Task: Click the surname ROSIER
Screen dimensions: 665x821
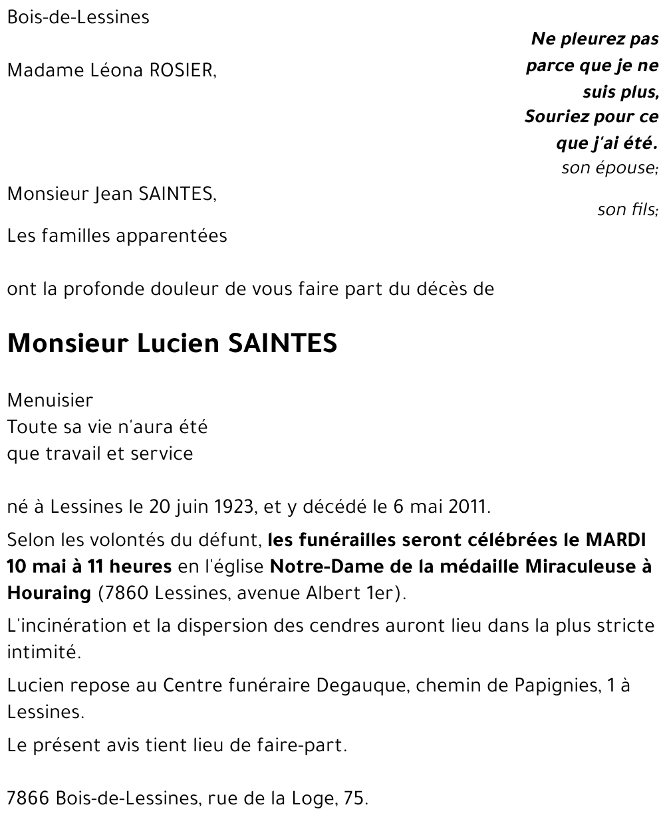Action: [x=183, y=70]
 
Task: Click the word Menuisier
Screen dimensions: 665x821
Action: [x=50, y=401]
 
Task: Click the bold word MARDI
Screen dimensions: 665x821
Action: [x=616, y=540]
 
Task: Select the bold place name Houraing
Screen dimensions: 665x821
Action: [x=49, y=593]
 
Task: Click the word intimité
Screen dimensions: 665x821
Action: [x=43, y=652]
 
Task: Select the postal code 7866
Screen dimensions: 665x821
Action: [x=28, y=798]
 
